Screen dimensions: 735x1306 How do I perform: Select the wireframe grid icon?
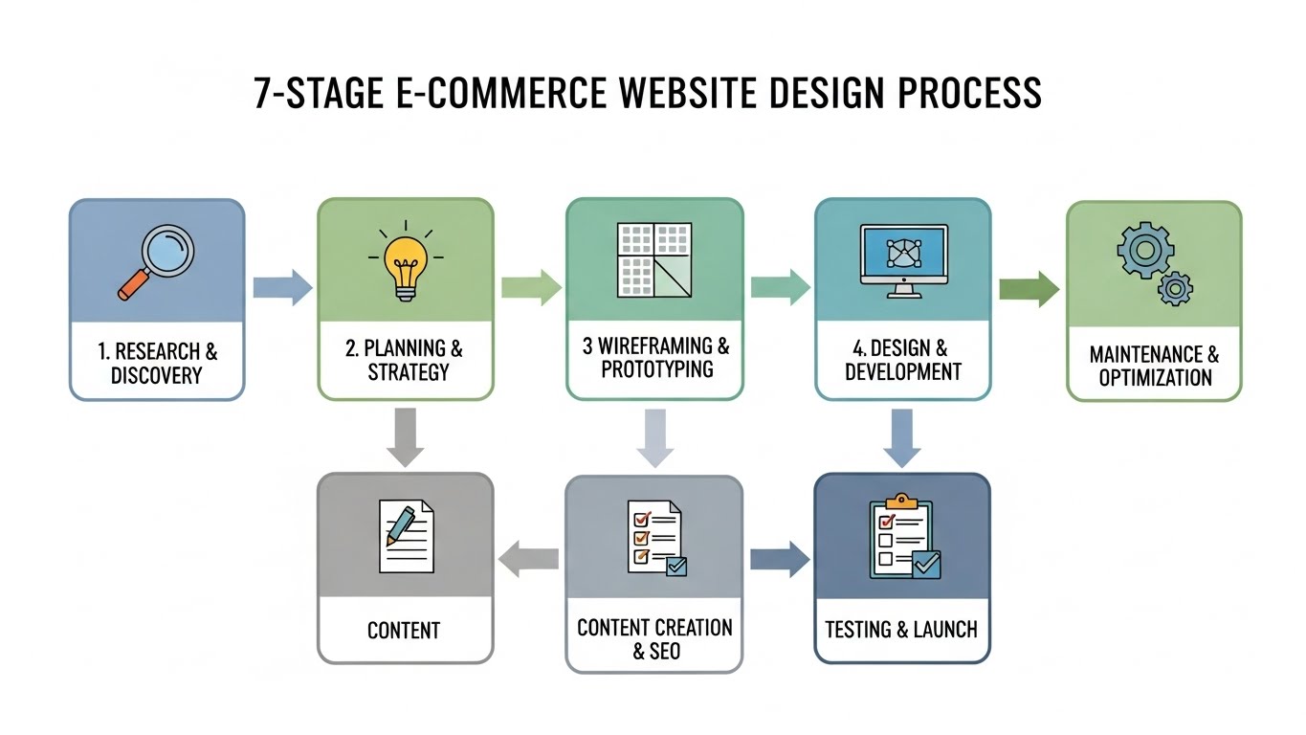point(654,259)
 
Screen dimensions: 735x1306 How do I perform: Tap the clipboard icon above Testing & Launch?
point(902,539)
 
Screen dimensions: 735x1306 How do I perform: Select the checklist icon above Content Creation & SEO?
point(654,538)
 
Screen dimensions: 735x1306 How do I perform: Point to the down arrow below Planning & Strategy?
point(406,436)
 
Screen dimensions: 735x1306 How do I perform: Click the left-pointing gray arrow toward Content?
point(529,558)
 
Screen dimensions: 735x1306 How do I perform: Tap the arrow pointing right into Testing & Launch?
point(778,558)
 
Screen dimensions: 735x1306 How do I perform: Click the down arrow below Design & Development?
point(901,436)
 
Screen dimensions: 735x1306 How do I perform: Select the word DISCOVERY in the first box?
point(158,375)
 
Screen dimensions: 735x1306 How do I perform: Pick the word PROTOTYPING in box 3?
point(656,369)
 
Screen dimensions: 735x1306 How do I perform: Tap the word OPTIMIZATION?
point(1155,377)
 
